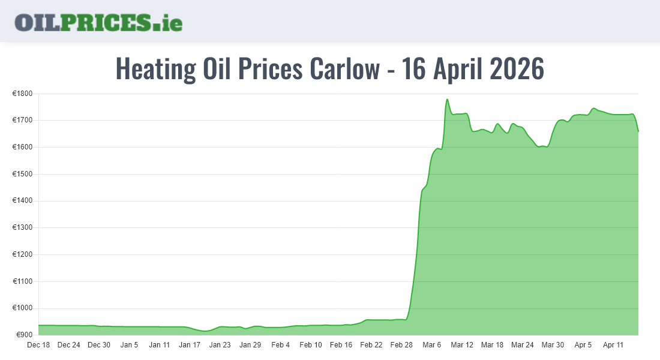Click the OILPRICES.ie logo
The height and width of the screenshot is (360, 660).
click(98, 22)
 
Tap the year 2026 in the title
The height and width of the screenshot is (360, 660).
click(517, 69)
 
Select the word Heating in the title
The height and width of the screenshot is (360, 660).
click(155, 69)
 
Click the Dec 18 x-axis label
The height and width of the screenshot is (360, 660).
click(38, 345)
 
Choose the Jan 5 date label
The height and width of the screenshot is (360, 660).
click(129, 345)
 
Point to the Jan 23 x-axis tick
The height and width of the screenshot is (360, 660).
click(220, 345)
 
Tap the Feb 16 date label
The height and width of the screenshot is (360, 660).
click(341, 345)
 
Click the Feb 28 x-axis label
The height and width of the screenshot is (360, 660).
click(401, 345)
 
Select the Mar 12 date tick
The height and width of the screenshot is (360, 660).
click(462, 345)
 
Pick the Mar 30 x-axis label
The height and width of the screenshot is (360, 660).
click(553, 345)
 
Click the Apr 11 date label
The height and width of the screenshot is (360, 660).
click(613, 345)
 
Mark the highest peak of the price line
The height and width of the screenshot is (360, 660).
click(448, 100)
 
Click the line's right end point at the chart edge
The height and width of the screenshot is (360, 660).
click(638, 131)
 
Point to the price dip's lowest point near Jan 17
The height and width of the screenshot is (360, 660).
click(205, 331)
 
